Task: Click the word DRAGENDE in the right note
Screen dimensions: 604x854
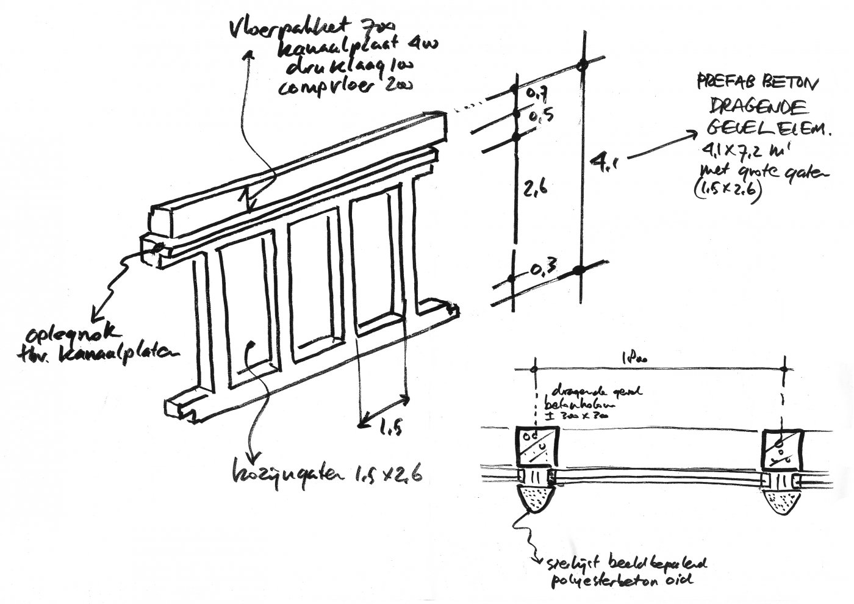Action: (x=759, y=107)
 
